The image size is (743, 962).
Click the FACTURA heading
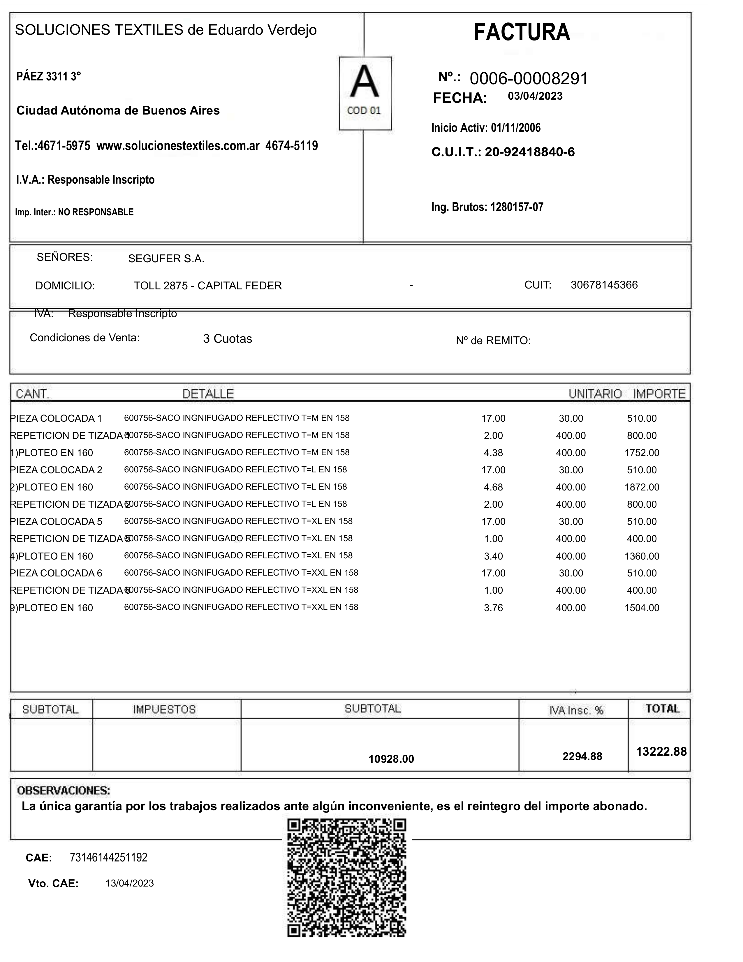pos(522,33)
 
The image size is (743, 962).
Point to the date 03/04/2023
pos(535,96)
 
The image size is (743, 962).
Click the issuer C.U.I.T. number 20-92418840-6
pos(529,152)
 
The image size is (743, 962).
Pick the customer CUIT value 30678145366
pos(604,285)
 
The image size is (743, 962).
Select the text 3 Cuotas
pos(227,339)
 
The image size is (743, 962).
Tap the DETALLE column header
pos(208,394)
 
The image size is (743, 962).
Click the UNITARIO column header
pos(595,394)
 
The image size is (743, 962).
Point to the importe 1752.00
pos(642,453)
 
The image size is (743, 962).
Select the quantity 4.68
pos(493,487)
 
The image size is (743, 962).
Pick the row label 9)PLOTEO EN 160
pos(52,608)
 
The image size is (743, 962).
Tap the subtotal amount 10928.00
pos(391,759)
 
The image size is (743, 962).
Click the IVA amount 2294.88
pos(582,756)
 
